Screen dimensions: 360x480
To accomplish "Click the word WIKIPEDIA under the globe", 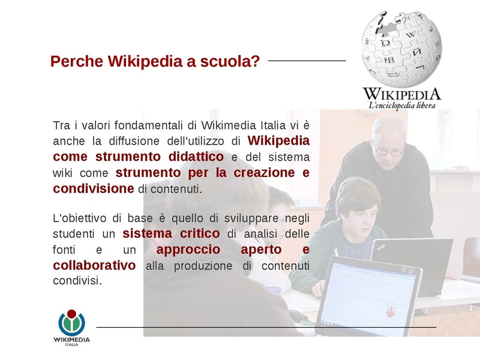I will coord(401,94).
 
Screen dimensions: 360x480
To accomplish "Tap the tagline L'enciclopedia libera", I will coord(401,106).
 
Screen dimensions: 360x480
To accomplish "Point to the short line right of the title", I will coord(307,61).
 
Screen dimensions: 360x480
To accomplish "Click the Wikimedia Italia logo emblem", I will coord(71,323).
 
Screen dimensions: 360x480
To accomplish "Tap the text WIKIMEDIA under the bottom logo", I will coord(71,340).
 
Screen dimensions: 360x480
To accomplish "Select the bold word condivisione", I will coord(93,188).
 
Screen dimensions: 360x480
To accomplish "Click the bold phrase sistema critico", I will coord(171,233).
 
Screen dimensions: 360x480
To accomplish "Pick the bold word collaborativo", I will coord(94,265).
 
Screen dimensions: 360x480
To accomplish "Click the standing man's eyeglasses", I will coord(388,151).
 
